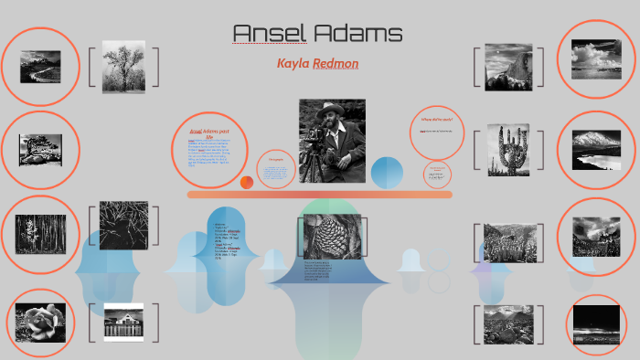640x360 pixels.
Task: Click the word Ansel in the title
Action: pos(269,35)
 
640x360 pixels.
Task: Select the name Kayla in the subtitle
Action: pos(293,64)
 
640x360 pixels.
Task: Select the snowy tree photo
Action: pos(123,67)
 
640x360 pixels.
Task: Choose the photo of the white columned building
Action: pos(123,323)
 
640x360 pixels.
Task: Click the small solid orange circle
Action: pos(247,183)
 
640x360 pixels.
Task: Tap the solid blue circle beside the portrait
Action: pos(388,172)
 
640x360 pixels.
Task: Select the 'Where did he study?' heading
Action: pos(437,120)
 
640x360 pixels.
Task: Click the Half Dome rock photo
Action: pos(508,67)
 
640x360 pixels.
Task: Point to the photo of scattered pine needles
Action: pos(123,226)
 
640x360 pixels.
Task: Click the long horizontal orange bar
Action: pos(320,195)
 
